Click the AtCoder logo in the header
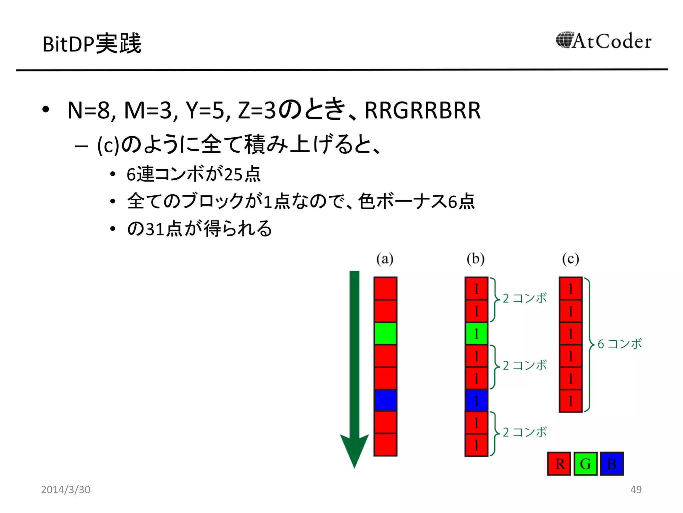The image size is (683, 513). pos(604,41)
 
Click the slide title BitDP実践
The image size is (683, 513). pos(92,44)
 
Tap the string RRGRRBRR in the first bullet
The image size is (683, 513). pos(423,110)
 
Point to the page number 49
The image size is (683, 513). pos(636,489)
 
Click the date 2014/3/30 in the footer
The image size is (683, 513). pos(66,489)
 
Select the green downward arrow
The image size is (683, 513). pos(354,367)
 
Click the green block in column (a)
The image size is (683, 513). pos(385,333)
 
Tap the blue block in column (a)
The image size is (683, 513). pos(385,400)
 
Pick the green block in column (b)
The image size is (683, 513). pos(476,333)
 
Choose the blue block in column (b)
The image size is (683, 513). pos(476,400)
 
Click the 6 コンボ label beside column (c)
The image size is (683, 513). pos(619,344)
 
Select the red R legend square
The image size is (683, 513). pos(559,464)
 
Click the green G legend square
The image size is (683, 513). pos(585,464)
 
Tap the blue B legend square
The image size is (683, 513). pos(612,464)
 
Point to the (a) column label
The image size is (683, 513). pos(385,259)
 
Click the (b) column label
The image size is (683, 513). pos(476,259)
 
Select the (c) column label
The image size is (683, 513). pos(571,259)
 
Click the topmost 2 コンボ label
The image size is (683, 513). pos(525,298)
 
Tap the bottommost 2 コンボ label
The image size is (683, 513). pos(525,432)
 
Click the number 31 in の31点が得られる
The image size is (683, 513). pos(155,229)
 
